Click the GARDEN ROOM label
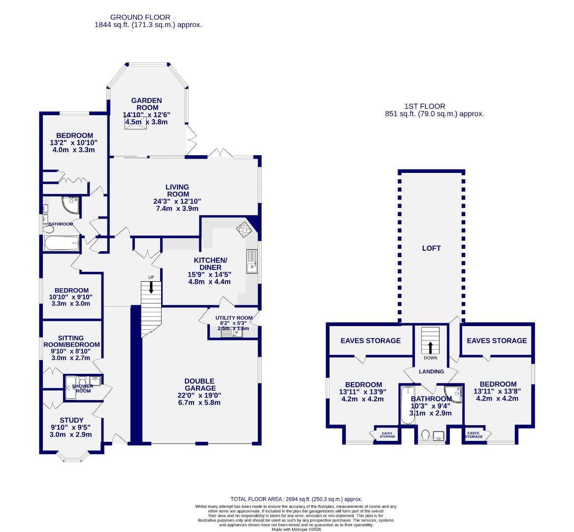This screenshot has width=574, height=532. tap(146, 104)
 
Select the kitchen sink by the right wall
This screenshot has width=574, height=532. tap(252, 260)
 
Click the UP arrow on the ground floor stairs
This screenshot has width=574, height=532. tap(151, 287)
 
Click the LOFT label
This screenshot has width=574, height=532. tap(431, 248)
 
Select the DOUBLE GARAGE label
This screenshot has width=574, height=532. tap(199, 385)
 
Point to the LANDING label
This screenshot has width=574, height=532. tap(431, 371)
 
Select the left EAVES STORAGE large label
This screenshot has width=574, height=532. tap(371, 340)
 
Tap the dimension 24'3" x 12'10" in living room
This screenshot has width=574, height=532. tap(177, 201)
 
